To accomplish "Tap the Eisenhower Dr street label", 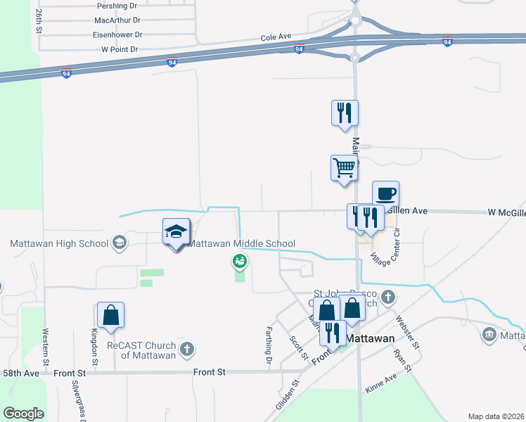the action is click(117, 34).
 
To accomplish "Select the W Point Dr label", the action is click(120, 50).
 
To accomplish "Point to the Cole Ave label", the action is click(276, 37).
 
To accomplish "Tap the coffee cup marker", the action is click(385, 193).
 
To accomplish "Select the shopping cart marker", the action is click(345, 168).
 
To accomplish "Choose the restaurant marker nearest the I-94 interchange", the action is click(345, 113).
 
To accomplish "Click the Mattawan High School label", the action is click(60, 244).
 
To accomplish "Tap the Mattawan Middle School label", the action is click(242, 244).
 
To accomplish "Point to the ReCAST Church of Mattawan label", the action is click(139, 350).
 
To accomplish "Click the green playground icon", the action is click(240, 262).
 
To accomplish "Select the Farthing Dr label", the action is click(269, 345).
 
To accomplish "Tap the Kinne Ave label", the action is click(381, 384).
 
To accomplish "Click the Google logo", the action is click(24, 413).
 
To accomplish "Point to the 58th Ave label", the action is click(19, 372).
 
